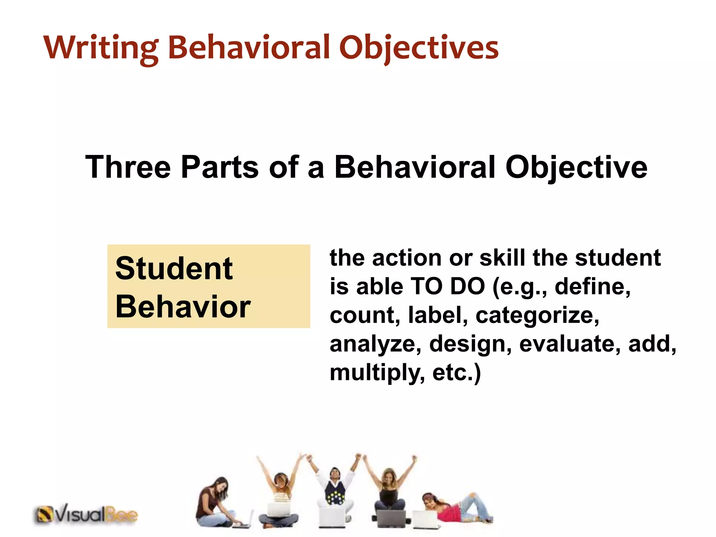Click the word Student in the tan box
(174, 268)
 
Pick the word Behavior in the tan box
(183, 307)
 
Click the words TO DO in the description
(447, 286)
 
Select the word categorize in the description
(537, 315)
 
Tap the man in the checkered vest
(335, 489)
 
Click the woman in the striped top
(280, 496)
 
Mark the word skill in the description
(502, 258)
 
